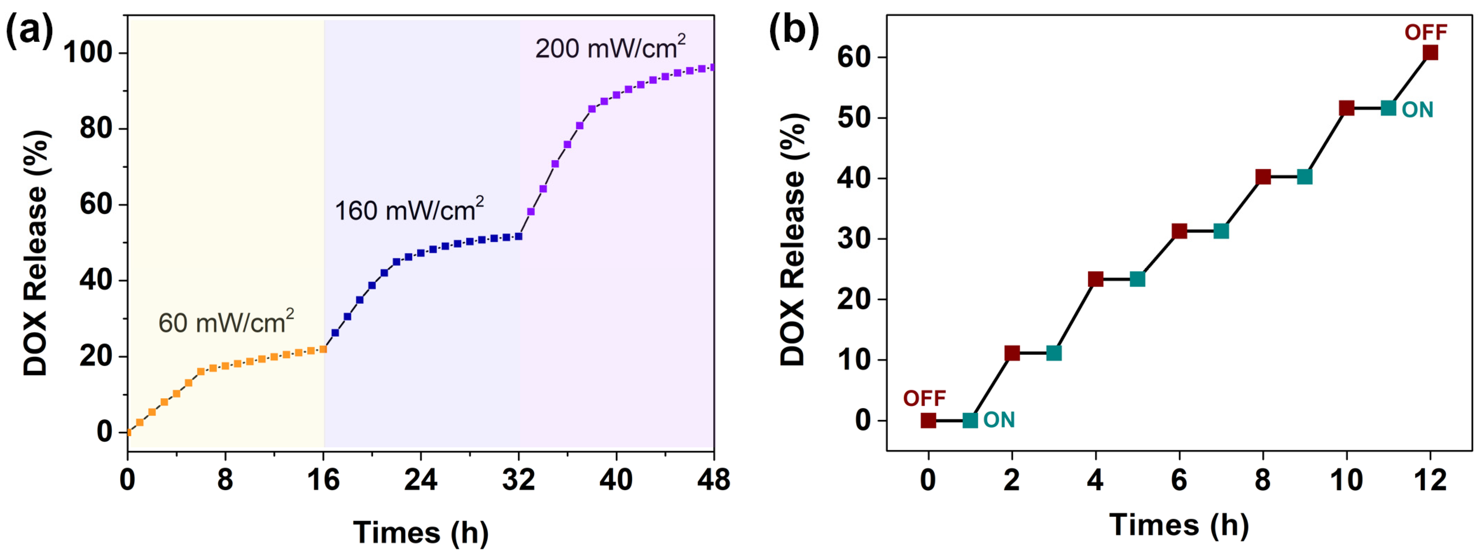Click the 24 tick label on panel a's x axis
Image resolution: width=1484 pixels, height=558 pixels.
coord(421,480)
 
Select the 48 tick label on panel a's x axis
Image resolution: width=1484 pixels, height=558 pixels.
coord(713,480)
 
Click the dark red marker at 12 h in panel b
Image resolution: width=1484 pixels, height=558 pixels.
coord(1430,53)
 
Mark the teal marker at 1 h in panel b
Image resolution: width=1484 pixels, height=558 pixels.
coord(970,420)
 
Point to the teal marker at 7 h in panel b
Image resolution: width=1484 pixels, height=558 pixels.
coord(1221,231)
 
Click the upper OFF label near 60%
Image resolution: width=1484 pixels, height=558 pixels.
coord(1426,32)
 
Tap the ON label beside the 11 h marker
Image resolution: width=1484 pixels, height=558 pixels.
coord(1417,110)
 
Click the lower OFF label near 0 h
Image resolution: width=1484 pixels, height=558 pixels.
coord(924,398)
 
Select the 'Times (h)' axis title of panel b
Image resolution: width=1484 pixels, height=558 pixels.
coord(1179,525)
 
